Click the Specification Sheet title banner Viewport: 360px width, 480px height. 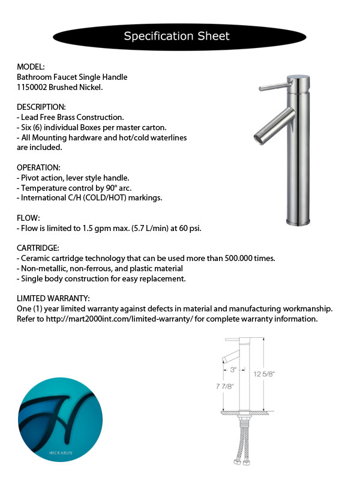coord(176,36)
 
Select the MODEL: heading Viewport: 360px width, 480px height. coord(31,67)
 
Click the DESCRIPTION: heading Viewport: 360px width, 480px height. coord(41,107)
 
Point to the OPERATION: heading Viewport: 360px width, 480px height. coord(39,167)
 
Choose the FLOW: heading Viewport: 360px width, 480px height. coord(28,218)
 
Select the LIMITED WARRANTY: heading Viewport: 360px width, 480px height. coord(53,298)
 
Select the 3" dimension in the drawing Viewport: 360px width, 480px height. coord(233,370)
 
